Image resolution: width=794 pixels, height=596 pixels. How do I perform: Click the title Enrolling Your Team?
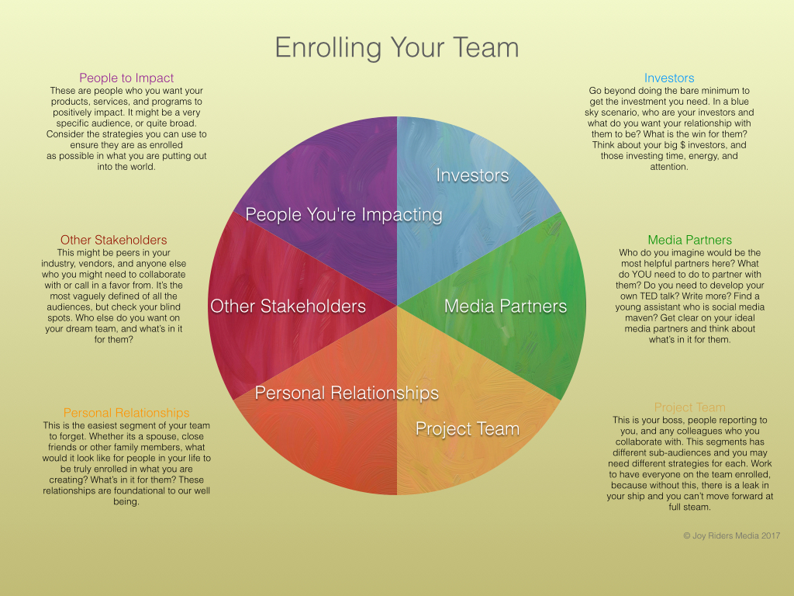coord(397,48)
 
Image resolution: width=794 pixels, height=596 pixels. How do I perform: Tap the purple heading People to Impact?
coord(126,78)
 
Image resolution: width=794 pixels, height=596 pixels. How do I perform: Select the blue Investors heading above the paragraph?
coord(669,78)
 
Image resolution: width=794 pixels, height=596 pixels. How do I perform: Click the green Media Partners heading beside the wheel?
coord(689,240)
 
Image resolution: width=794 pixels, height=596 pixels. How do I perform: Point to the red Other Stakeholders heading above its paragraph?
coord(113,240)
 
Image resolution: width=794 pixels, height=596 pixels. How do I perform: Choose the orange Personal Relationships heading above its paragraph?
coord(126,413)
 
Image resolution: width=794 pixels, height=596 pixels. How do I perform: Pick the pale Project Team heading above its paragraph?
coord(689,407)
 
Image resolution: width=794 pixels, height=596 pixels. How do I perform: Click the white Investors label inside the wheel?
coord(472,175)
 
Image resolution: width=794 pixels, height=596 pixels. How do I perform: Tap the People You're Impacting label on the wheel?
coord(343,215)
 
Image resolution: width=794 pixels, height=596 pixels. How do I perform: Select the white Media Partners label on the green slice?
coord(506,306)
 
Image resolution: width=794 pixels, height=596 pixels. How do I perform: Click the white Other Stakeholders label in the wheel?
coord(288,306)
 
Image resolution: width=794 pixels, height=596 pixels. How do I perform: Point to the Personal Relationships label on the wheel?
coord(347,393)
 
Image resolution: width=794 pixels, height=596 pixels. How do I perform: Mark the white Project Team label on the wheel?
coord(468,428)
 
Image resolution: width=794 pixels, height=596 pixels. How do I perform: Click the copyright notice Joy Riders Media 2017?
coord(732,535)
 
